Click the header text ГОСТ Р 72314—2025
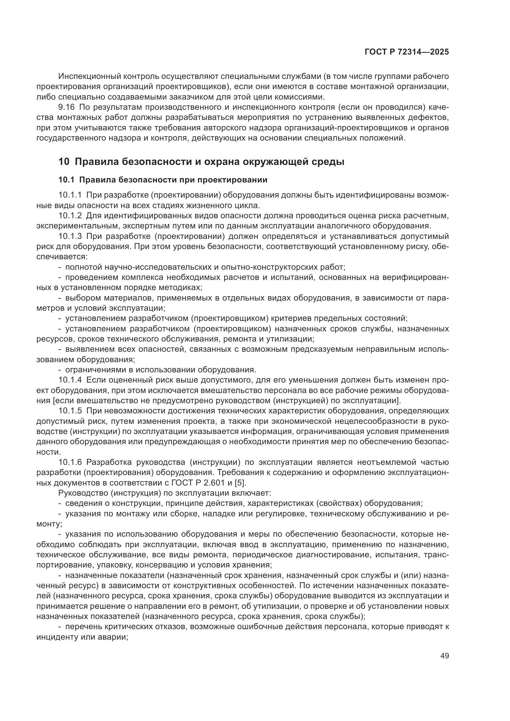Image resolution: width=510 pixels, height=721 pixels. point(407,52)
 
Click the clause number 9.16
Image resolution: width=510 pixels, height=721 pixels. point(67,107)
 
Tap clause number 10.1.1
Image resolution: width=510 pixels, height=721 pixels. point(70,195)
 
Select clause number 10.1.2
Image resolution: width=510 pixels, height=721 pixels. point(70,216)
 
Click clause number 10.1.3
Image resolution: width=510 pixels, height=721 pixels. point(70,236)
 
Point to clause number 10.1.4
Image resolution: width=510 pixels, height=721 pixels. point(70,380)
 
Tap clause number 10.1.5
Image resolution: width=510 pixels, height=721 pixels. point(70,411)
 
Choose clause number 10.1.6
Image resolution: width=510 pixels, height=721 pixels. point(70,462)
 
